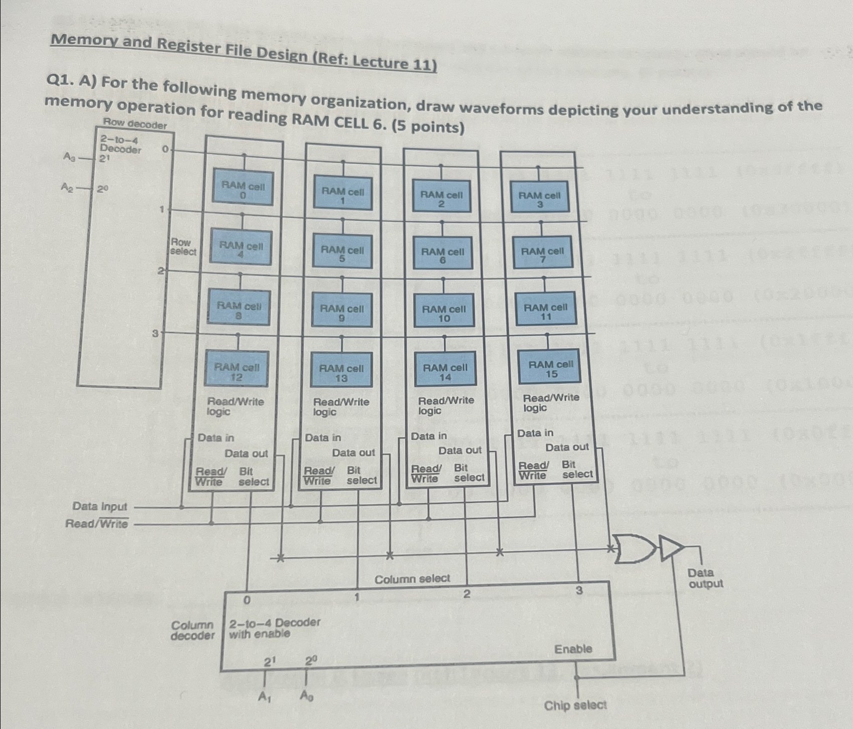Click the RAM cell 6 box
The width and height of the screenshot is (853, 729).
tap(442, 255)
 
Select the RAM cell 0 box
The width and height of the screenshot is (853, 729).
tap(243, 190)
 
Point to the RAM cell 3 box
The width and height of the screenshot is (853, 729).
tap(539, 199)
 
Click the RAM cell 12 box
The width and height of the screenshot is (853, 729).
tap(236, 371)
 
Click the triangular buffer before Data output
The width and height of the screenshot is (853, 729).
tap(670, 547)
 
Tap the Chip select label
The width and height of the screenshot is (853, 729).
tap(575, 705)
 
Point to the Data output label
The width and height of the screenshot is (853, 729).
tap(705, 578)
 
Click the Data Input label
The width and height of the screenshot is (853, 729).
tap(100, 506)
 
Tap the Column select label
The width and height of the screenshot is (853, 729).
tap(412, 579)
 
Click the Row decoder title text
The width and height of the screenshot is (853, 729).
tap(135, 123)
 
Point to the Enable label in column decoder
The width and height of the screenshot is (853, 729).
tap(573, 649)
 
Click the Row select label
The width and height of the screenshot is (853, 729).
tap(183, 246)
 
